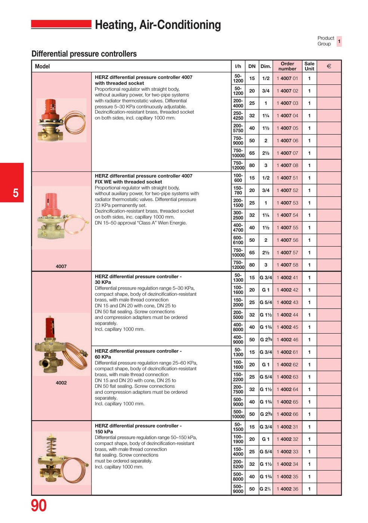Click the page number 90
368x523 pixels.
coord(39,505)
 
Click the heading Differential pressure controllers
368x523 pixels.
coord(84,54)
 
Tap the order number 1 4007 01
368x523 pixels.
coord(287,78)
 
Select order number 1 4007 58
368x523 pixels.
coord(287,265)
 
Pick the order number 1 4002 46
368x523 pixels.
coord(287,340)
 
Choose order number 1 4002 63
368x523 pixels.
coord(287,377)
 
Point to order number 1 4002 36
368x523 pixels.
coord(287,489)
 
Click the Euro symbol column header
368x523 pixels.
coord(329,66)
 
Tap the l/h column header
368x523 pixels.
coord(238,66)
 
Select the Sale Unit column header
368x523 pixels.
coord(309,66)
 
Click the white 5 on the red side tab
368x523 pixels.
coord(16,193)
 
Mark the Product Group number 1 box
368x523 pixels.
coord(339,41)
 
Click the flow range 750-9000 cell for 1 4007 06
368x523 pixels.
coord(238,140)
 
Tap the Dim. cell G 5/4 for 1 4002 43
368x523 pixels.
coord(266,302)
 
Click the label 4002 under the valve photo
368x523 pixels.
coord(61,383)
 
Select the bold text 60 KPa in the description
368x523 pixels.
coord(103,357)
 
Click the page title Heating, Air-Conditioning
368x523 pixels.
coord(158,25)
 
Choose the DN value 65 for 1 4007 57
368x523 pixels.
coord(252,253)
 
